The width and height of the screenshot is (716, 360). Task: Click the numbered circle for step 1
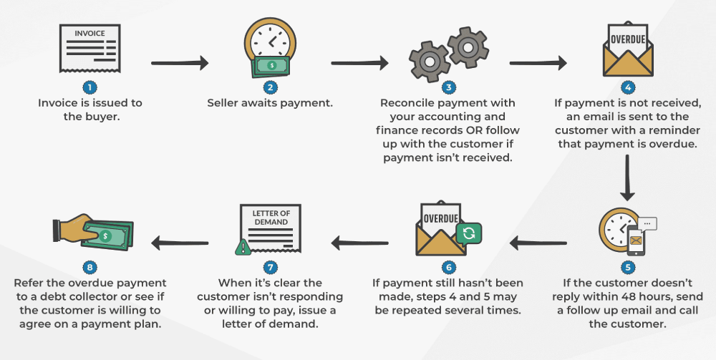(89, 88)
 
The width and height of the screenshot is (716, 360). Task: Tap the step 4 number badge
(628, 88)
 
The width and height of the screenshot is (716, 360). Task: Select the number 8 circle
(89, 267)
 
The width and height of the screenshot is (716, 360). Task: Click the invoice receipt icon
(89, 50)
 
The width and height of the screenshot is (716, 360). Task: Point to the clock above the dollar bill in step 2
(268, 39)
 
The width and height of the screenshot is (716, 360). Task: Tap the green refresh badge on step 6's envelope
(468, 233)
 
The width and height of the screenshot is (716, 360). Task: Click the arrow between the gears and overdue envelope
(538, 63)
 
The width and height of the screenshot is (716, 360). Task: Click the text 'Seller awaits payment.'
(270, 102)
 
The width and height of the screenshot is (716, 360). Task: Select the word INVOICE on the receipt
(89, 33)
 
